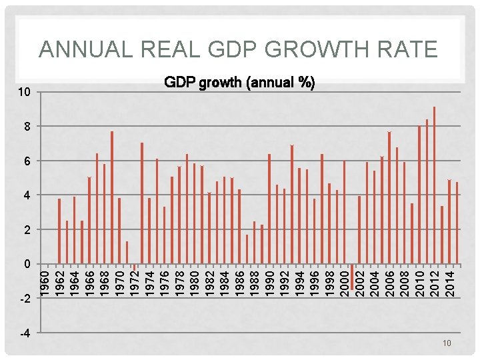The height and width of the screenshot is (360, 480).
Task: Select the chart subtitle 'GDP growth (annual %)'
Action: [240, 83]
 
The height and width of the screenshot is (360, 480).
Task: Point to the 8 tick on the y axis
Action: [25, 126]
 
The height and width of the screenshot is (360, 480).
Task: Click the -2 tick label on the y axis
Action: [23, 299]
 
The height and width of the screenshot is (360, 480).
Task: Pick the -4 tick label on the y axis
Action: [23, 333]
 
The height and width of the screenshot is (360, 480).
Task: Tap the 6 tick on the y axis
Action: [25, 161]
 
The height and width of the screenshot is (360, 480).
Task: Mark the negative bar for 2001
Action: [352, 277]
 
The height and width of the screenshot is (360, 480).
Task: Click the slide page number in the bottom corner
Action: [447, 343]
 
